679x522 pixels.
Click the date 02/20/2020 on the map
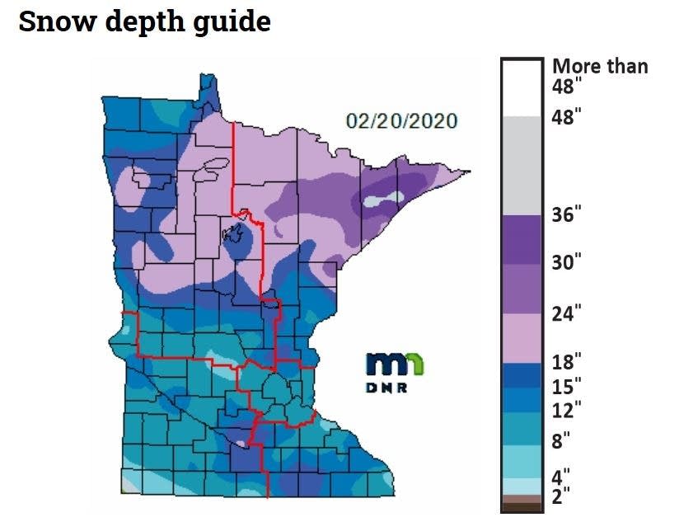coord(401,121)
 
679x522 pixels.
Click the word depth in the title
coord(139,22)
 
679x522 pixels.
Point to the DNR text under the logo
coord(386,388)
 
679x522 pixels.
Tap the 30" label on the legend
coord(566,263)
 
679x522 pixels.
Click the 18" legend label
coord(566,360)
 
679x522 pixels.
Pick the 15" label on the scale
coord(566,385)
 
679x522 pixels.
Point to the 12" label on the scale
coord(566,409)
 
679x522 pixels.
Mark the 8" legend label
coord(561,440)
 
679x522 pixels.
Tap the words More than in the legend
coord(600,66)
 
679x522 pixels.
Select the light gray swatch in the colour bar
coord(522,165)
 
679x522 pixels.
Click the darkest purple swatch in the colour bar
coord(522,239)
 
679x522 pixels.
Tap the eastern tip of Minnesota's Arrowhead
coord(468,172)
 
